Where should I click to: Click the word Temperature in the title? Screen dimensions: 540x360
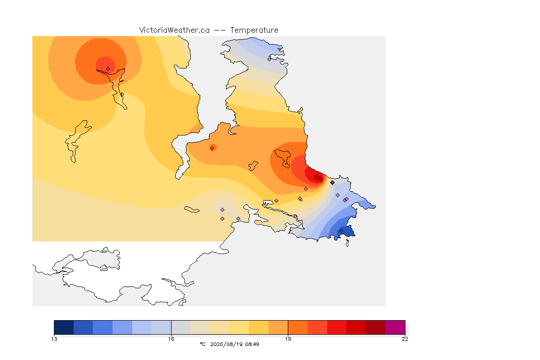pyautogui.click(x=254, y=30)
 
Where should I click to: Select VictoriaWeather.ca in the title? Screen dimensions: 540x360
pyautogui.click(x=174, y=30)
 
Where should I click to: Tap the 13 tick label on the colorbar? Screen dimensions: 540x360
pyautogui.click(x=54, y=339)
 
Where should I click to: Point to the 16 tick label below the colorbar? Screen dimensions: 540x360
pyautogui.click(x=171, y=339)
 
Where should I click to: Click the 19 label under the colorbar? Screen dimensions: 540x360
pyautogui.click(x=288, y=339)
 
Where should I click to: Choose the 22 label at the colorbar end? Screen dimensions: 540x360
pyautogui.click(x=405, y=339)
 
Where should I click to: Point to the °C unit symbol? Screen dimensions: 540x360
pyautogui.click(x=202, y=344)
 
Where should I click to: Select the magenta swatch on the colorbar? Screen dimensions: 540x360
pyautogui.click(x=395, y=327)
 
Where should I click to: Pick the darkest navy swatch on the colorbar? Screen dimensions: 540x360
pyautogui.click(x=64, y=327)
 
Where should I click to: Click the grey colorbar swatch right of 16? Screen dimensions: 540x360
pyautogui.click(x=181, y=327)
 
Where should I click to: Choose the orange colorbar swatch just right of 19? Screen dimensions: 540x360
pyautogui.click(x=298, y=327)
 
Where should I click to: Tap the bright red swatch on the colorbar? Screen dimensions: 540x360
pyautogui.click(x=337, y=327)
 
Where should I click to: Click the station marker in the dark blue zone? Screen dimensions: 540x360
pyautogui.click(x=341, y=231)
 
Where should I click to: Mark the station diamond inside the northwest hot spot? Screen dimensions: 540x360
pyautogui.click(x=108, y=68)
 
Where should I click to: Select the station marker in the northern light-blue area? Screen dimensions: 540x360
pyautogui.click(x=270, y=59)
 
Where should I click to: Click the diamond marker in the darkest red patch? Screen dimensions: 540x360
pyautogui.click(x=321, y=180)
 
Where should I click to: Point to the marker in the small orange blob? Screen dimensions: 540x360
pyautogui.click(x=212, y=149)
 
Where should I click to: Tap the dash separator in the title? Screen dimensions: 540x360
pyautogui.click(x=220, y=30)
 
